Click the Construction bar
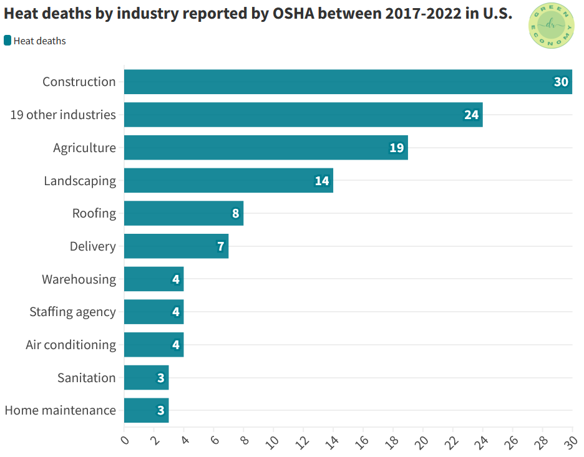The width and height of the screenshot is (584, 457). pos(348,82)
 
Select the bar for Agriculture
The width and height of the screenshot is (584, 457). pos(266,148)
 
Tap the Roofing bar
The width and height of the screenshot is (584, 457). pos(183,213)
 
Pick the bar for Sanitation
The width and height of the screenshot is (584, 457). pos(146,378)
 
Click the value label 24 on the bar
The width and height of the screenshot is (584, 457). pos(471,115)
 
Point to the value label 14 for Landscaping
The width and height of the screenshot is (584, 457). pos(322,181)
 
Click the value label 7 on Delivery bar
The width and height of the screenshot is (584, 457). pos(220,246)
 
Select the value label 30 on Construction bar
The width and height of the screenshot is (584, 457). pos(561,82)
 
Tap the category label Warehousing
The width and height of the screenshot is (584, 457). pos(79,279)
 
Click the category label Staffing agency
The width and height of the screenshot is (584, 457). pos(72,312)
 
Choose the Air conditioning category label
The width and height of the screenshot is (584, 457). pos(71,345)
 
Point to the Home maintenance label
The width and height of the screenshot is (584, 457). pos(60,410)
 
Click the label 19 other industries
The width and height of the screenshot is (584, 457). pos(63,115)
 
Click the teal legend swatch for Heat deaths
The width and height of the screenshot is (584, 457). pos(7,41)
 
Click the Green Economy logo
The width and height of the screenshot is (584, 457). pos(551,26)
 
